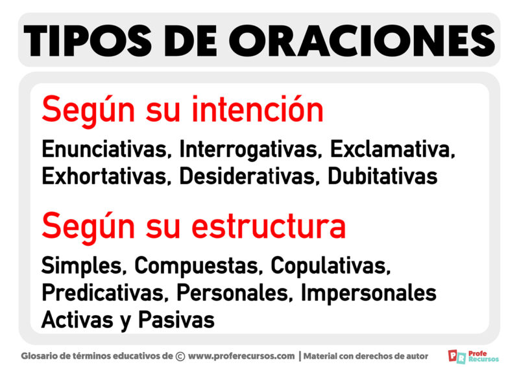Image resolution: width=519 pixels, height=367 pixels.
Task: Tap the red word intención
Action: pyautogui.click(x=258, y=111)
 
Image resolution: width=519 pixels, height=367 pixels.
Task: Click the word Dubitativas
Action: pyautogui.click(x=382, y=176)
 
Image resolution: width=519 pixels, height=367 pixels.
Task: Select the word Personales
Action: pyautogui.click(x=235, y=292)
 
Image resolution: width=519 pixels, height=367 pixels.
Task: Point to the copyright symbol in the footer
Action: pyautogui.click(x=180, y=355)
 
